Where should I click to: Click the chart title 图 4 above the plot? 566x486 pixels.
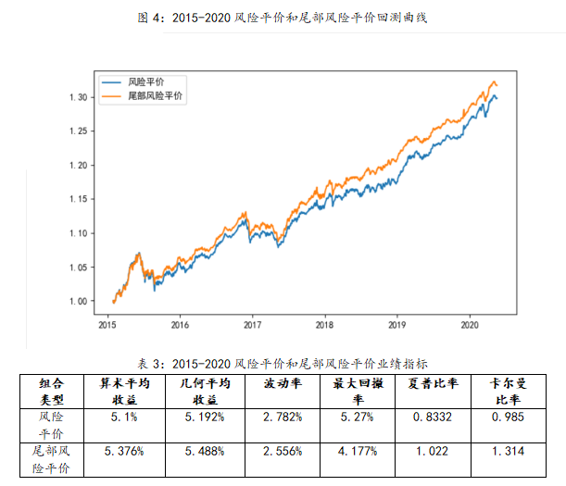coord(283,17)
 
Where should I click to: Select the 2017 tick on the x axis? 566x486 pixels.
coord(252,325)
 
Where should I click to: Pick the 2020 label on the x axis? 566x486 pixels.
coord(469,325)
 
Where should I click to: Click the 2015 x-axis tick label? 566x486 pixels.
coord(107,325)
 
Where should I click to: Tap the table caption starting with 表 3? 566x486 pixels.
coord(283,363)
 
